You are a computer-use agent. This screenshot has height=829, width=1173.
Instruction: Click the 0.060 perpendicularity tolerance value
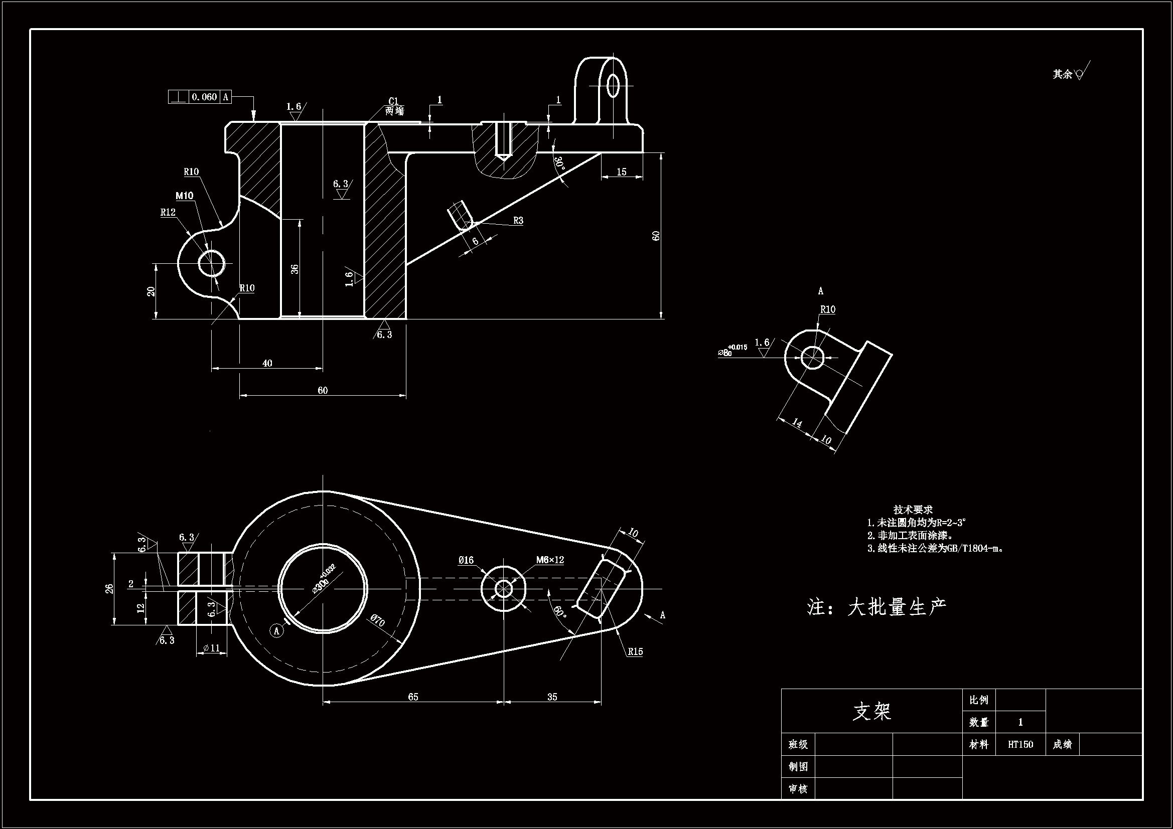coord(204,96)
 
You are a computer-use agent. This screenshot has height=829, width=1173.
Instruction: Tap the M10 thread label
coord(185,196)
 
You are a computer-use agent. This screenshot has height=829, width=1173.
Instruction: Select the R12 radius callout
coord(168,213)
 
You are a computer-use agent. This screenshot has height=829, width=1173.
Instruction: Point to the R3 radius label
coord(518,221)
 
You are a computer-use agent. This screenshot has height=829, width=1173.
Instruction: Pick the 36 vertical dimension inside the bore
coord(295,269)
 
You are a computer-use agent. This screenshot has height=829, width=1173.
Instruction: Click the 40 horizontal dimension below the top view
coord(267,363)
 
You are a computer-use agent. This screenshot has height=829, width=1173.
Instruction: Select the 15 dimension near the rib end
coord(621,172)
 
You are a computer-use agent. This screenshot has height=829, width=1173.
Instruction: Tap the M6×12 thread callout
coord(550,560)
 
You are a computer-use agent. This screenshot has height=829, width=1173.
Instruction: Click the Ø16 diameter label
coord(466,560)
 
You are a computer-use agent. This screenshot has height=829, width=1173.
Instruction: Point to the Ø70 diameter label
coord(378,620)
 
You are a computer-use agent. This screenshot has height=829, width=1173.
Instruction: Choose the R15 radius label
coord(635,652)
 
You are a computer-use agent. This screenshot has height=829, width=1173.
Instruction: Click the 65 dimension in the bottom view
coord(413,697)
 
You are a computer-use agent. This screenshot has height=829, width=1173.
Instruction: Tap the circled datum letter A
coord(277,631)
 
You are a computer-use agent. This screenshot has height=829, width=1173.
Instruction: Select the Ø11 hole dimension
coord(211,647)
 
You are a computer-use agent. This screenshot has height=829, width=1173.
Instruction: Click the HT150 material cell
coord(1020,744)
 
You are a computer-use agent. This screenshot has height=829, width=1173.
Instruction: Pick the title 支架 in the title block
coord(871,711)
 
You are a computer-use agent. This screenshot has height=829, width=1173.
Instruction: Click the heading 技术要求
coord(913,509)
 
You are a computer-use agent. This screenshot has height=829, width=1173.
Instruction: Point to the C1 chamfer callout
coord(393,101)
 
